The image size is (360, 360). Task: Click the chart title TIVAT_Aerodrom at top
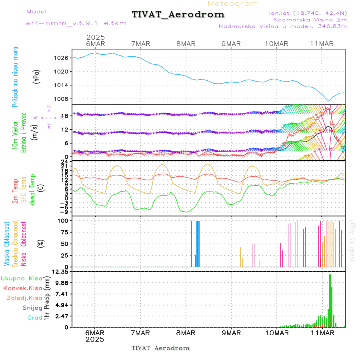click(x=178, y=15)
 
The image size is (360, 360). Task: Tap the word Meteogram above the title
click(x=233, y=4)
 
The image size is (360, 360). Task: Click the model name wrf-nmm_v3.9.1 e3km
click(x=76, y=23)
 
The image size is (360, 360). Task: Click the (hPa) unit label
click(x=36, y=76)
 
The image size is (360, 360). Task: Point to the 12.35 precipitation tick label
click(x=61, y=272)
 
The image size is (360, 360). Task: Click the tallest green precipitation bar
click(x=330, y=300)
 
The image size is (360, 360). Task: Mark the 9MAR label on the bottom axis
click(x=231, y=333)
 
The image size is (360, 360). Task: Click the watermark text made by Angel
click(x=352, y=240)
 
